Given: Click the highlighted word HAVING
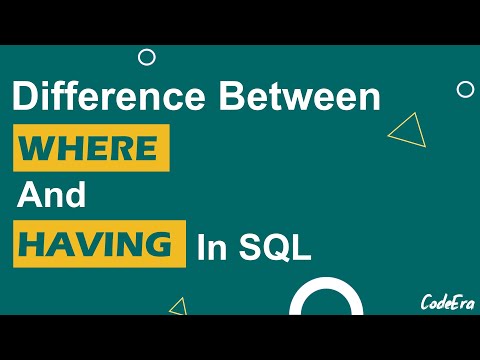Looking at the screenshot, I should click(x=101, y=245).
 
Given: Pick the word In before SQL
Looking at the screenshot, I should click(x=213, y=248).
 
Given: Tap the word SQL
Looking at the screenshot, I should click(x=274, y=248).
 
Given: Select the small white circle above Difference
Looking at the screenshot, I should click(x=146, y=57).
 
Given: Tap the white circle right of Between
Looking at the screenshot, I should click(x=465, y=89).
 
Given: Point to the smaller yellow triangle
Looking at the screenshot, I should click(x=179, y=306).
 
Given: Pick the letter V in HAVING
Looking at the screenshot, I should click(x=96, y=245).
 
